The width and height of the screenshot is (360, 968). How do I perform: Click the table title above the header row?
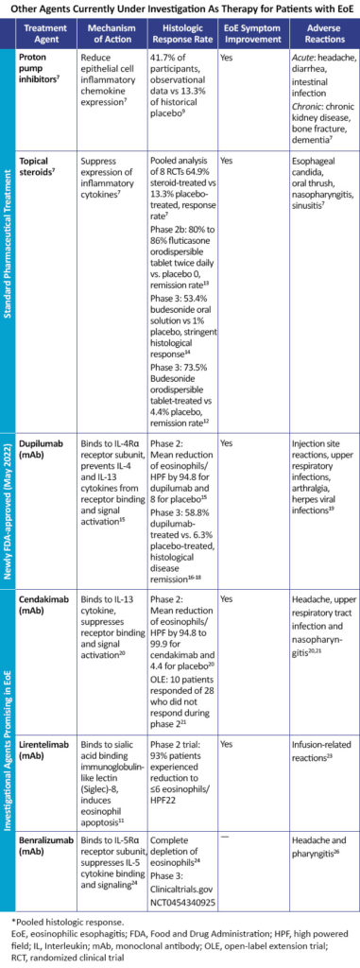(180, 10)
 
